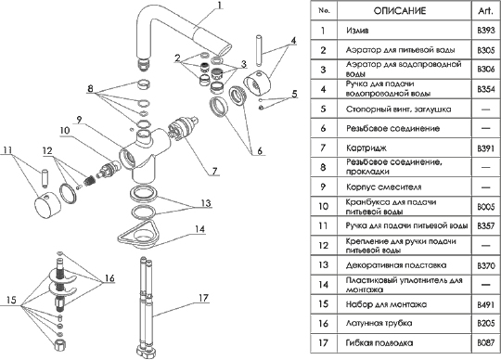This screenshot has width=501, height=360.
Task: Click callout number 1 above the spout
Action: pyautogui.click(x=220, y=6)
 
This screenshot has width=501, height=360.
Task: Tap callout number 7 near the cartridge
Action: pyautogui.click(x=214, y=171)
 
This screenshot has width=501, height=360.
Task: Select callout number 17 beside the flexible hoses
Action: pyautogui.click(x=203, y=298)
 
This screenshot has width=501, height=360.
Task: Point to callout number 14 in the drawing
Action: pyautogui.click(x=200, y=229)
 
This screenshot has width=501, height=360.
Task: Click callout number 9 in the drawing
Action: pyautogui.click(x=79, y=120)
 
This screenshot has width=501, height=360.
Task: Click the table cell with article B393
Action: pyautogui.click(x=486, y=31)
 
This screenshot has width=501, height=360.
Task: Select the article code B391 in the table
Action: pyautogui.click(x=486, y=148)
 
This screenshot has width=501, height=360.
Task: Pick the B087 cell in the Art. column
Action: pyautogui.click(x=486, y=343)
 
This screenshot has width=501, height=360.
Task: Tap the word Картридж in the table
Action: pyautogui.click(x=366, y=148)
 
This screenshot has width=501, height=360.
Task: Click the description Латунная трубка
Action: pyautogui.click(x=379, y=323)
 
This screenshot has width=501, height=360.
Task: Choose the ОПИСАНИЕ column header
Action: pyautogui.click(x=400, y=11)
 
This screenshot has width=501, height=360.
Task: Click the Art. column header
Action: pyautogui.click(x=486, y=11)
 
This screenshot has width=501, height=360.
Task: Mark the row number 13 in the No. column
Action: pyautogui.click(x=324, y=264)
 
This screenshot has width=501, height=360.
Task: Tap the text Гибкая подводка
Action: pyautogui.click(x=379, y=343)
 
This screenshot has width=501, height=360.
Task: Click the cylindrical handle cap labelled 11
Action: pyautogui.click(x=47, y=206)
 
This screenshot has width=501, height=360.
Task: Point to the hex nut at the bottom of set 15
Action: pyautogui.click(x=60, y=345)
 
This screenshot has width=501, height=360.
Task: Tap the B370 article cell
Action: pyautogui.click(x=486, y=265)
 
